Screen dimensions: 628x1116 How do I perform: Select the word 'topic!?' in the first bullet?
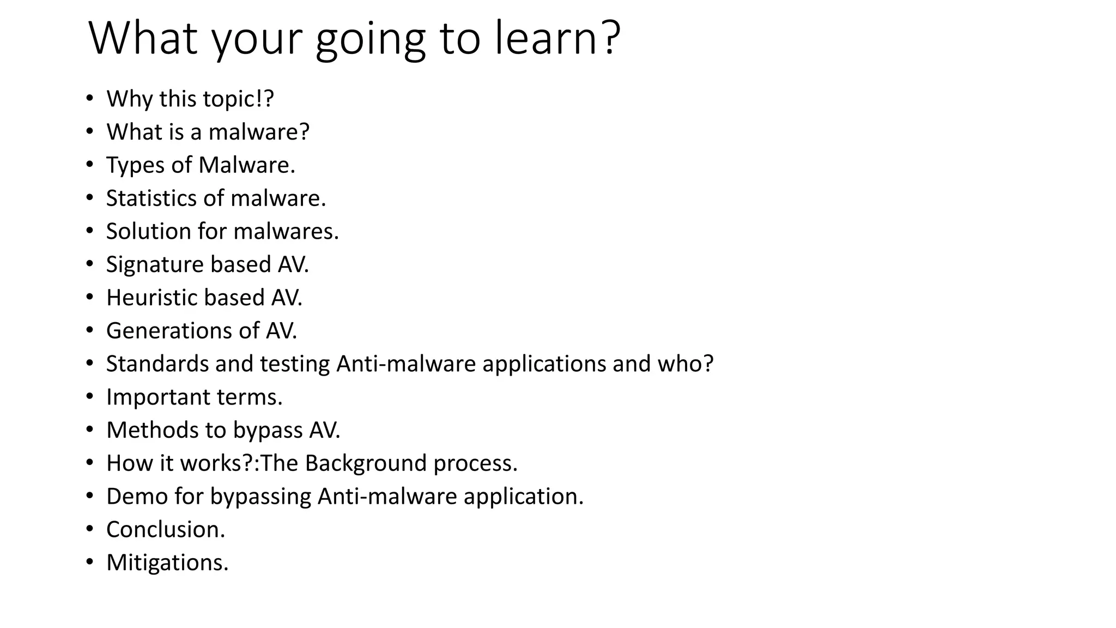(238, 99)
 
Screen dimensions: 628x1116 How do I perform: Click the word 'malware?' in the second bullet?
(259, 132)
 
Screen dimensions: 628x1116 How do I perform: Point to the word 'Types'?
(136, 165)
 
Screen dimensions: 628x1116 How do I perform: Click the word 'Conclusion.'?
(166, 529)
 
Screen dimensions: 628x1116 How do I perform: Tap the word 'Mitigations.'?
(167, 563)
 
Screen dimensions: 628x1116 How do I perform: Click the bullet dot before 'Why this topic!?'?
(90, 99)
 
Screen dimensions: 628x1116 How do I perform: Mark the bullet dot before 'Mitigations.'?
(90, 563)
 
